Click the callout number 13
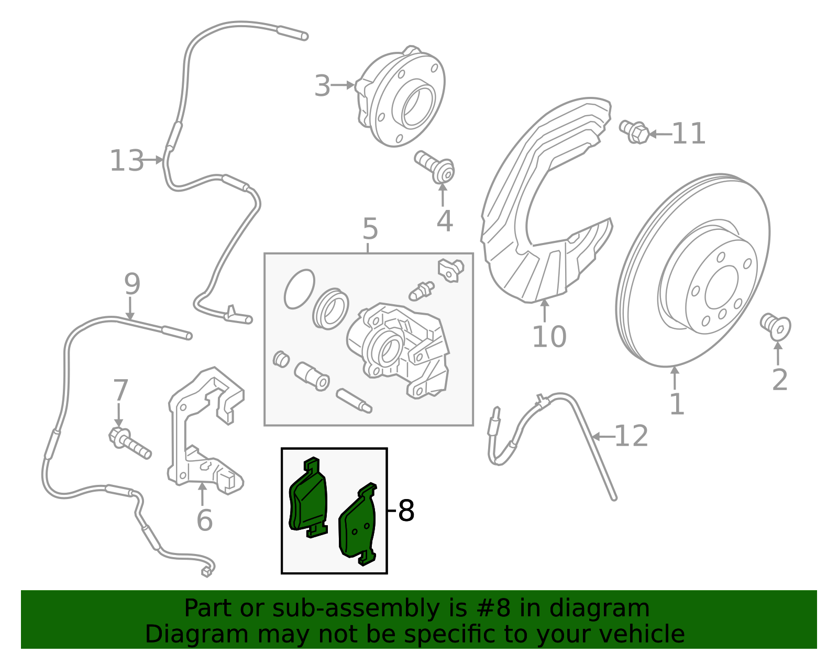[x=126, y=161]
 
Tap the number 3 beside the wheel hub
[x=322, y=86]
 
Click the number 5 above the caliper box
[x=370, y=229]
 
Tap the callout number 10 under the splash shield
[x=549, y=336]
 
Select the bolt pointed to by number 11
[x=635, y=131]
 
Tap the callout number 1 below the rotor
[x=677, y=404]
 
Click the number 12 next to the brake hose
[x=631, y=436]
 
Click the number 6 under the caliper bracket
[x=204, y=520]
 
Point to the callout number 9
[x=132, y=284]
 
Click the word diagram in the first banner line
[x=610, y=608]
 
